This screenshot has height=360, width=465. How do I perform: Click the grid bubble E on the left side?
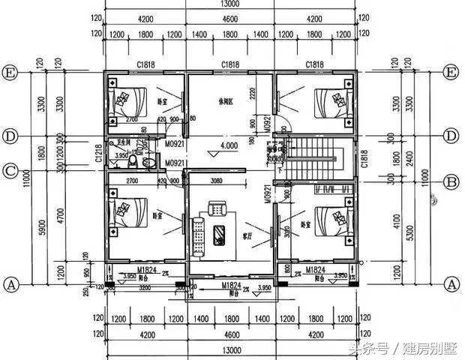point(11,73)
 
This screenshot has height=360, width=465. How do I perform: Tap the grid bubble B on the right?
point(451,181)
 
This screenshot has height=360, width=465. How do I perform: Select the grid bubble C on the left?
point(11,169)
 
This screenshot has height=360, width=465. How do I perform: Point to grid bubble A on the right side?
point(451,284)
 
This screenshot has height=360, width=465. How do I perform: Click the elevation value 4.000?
point(229,145)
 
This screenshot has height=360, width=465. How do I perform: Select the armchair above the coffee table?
point(217,207)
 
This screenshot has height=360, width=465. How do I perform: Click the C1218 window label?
point(98,154)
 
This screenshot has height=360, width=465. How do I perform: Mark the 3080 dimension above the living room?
point(215,181)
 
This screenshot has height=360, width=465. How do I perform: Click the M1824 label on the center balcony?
point(230,286)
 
